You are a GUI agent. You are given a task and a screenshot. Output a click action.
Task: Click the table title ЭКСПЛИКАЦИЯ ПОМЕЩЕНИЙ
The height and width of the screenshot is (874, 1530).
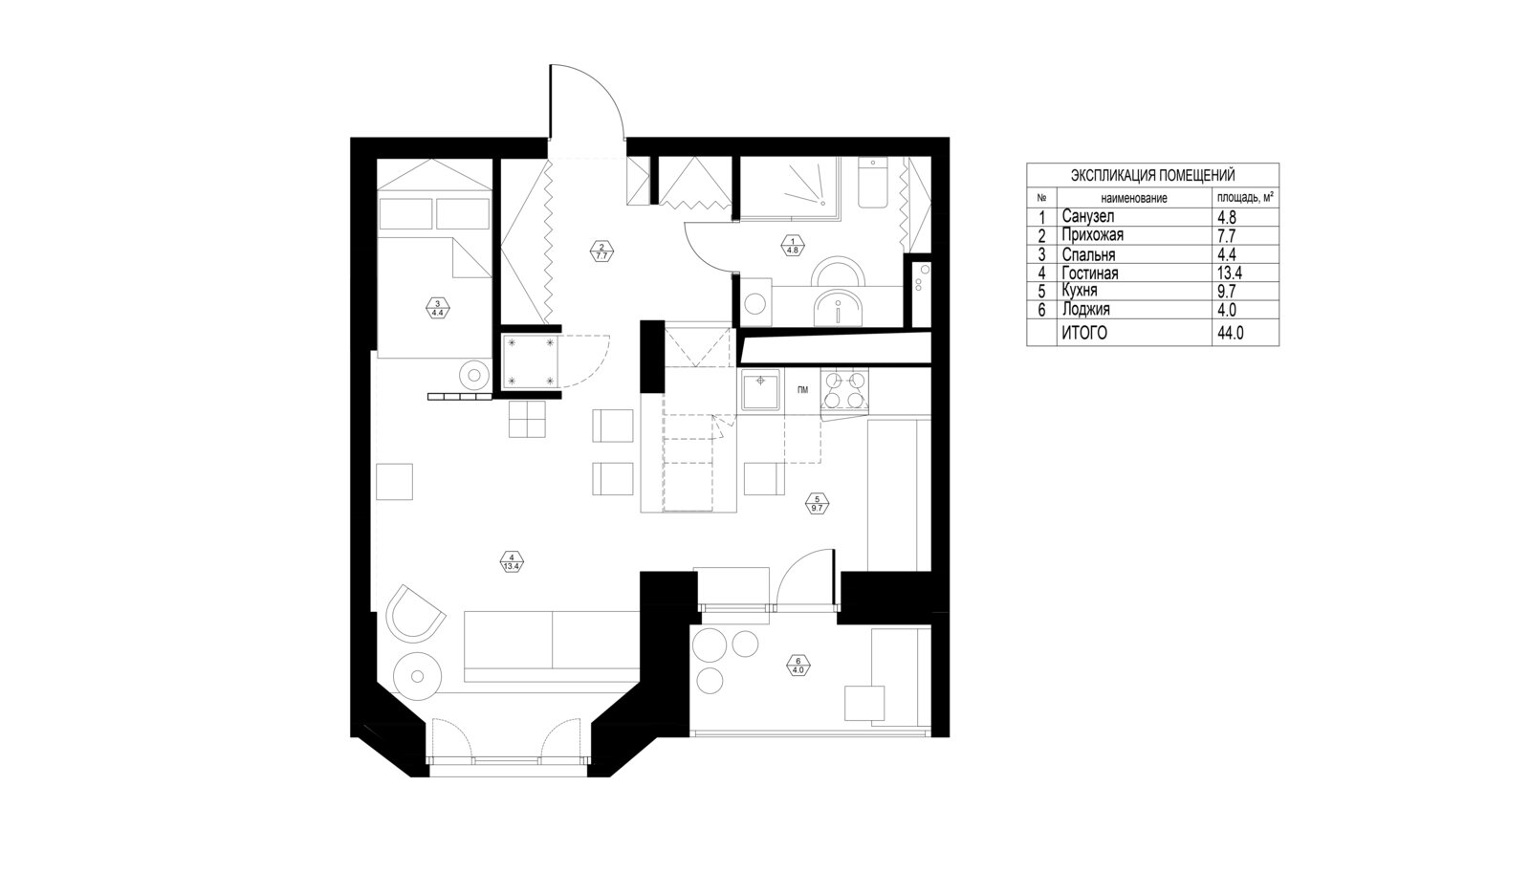click(1152, 176)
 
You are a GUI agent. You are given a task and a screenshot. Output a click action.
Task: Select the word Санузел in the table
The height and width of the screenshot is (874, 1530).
click(1088, 216)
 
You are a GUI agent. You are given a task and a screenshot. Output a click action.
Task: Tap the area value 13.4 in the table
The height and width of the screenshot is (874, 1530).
click(1230, 273)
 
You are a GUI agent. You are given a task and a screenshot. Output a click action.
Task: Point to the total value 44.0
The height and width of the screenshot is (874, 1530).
click(1230, 333)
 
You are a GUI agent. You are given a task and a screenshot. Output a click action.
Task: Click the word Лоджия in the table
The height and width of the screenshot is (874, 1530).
click(1085, 309)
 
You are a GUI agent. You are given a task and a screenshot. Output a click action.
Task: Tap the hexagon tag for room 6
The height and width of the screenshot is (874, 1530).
click(798, 665)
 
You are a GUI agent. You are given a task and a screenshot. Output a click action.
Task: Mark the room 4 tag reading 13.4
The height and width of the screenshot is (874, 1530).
click(512, 561)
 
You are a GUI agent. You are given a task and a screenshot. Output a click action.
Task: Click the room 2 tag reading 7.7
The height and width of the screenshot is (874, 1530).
click(601, 251)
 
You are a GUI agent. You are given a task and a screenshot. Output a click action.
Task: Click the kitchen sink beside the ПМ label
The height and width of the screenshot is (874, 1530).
click(759, 390)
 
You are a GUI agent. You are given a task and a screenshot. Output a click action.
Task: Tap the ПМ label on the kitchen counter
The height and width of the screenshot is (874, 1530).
click(802, 390)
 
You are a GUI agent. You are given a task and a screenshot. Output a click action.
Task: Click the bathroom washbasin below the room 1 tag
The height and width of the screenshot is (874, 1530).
click(840, 309)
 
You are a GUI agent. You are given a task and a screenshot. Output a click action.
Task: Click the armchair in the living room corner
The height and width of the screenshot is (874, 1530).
click(415, 612)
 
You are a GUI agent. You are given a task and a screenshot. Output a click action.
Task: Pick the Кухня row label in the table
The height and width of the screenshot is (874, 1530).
click(1080, 290)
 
